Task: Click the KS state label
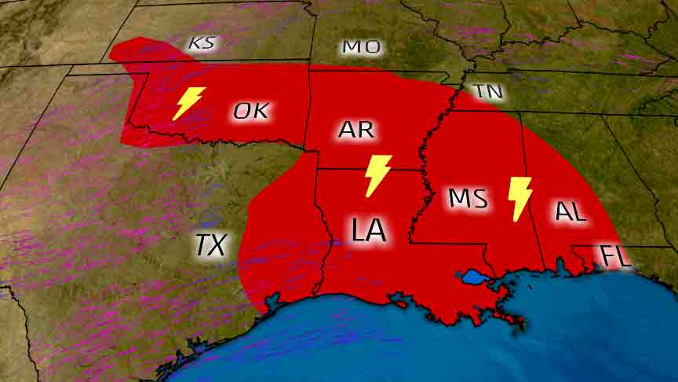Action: (x=202, y=43)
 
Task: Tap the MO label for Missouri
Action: (x=362, y=47)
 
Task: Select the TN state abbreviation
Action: (x=488, y=91)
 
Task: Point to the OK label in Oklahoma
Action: (x=251, y=111)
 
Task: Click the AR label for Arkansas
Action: (x=356, y=130)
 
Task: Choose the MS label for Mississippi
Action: (x=468, y=198)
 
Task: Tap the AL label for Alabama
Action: (x=570, y=211)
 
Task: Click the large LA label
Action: (x=369, y=230)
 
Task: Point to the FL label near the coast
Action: (x=615, y=257)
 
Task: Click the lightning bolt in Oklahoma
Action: (x=188, y=102)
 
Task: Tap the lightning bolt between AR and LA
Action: (x=378, y=175)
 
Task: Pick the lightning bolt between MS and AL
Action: (x=519, y=198)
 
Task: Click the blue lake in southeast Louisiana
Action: (x=474, y=277)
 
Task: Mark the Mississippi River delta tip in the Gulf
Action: (x=518, y=321)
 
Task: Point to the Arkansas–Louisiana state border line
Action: (x=369, y=170)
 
